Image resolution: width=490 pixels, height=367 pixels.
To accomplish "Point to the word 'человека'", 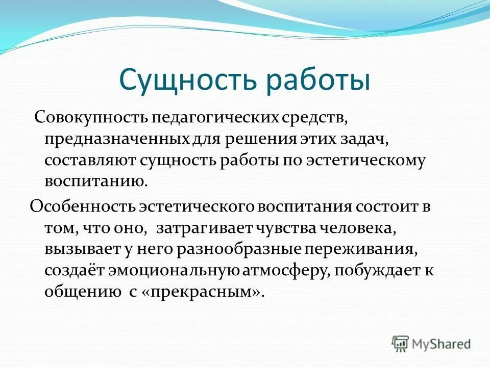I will [357, 228].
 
